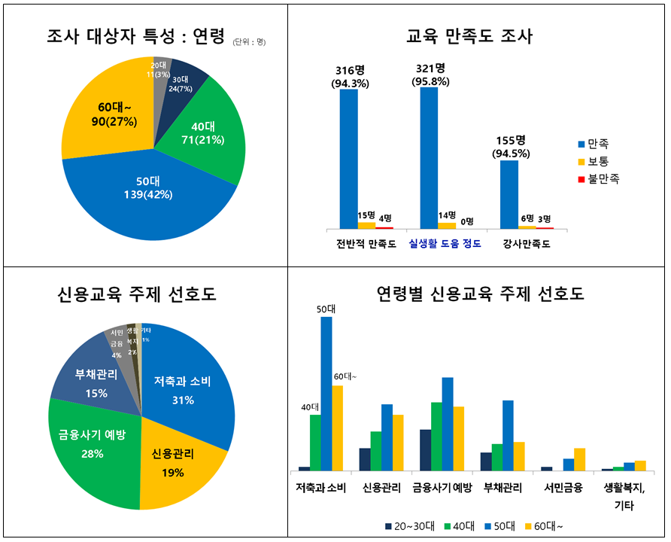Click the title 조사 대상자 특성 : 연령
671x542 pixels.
pyautogui.click(x=135, y=35)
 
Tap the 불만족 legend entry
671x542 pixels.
pyautogui.click(x=598, y=179)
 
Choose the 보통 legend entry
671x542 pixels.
pyautogui.click(x=594, y=161)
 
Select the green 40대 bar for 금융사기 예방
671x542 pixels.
pyautogui.click(x=436, y=437)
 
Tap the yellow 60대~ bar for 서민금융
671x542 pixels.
pyautogui.click(x=579, y=459)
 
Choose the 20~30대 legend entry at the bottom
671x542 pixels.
pyautogui.click(x=409, y=525)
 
